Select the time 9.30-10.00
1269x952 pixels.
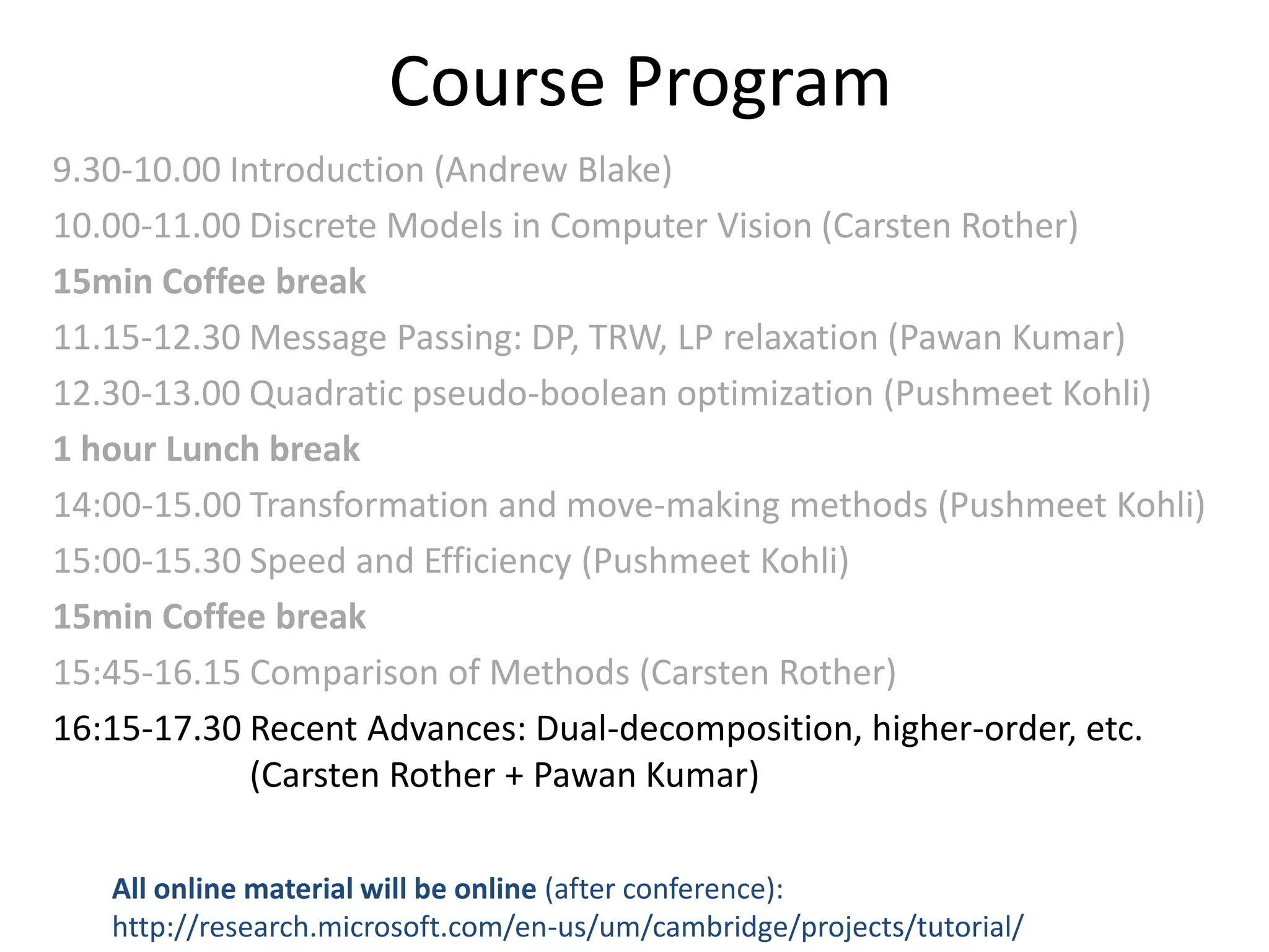tap(136, 170)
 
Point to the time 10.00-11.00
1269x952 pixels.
tap(147, 226)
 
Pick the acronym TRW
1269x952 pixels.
tap(628, 338)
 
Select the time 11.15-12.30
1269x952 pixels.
tap(147, 338)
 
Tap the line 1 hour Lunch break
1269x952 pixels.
tap(206, 449)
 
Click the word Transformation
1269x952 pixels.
tap(369, 505)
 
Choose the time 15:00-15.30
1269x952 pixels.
tap(147, 561)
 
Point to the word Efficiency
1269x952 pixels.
tap(498, 561)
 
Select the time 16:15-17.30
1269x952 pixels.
tap(147, 728)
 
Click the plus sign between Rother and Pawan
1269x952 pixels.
tap(514, 776)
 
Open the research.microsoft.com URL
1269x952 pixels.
tap(568, 927)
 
